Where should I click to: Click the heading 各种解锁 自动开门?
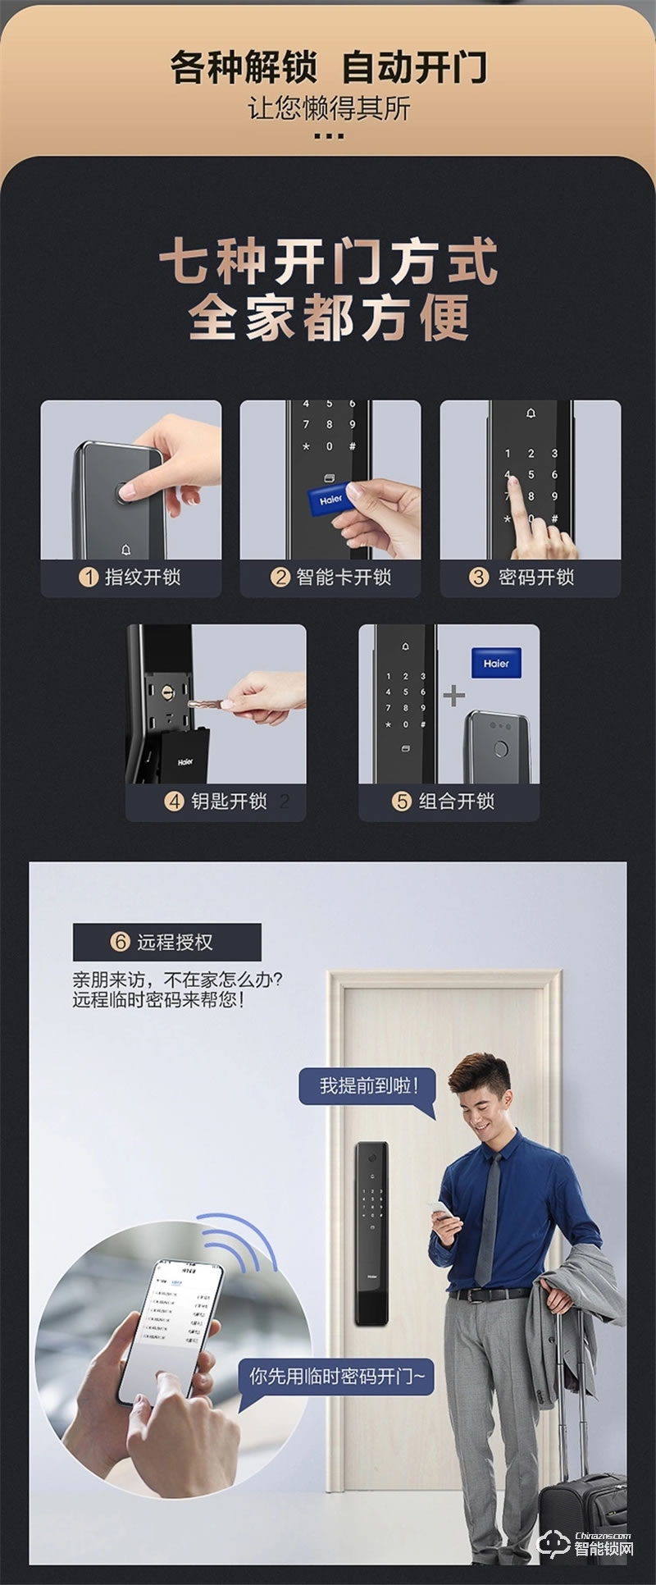tap(328, 67)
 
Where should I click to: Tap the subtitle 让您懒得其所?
tap(328, 108)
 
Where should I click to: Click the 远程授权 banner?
tap(167, 942)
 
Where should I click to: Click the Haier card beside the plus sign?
tap(496, 663)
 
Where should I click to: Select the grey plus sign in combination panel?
tap(453, 697)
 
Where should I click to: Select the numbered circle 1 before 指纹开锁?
tap(89, 577)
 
